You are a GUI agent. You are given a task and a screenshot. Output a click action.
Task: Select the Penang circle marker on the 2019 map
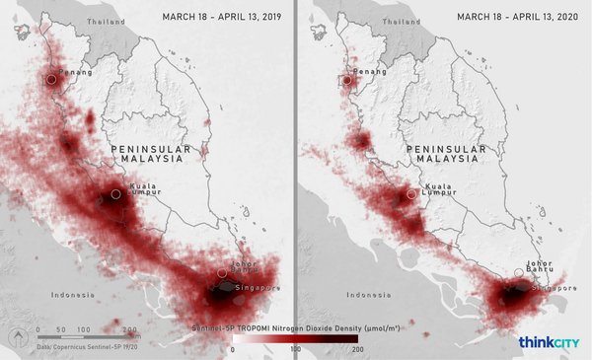coord(51,80)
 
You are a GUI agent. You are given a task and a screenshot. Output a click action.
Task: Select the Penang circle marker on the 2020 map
coord(347,80)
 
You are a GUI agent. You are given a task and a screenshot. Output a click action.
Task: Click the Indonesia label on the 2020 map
coord(366,295)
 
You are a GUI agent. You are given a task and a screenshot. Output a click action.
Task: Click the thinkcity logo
coord(549,342)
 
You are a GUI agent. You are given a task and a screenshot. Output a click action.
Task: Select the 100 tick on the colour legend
coord(295,349)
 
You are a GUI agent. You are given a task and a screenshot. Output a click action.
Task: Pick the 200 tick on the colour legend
coord(357,349)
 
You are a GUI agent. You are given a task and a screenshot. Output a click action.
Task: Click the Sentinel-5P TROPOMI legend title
coord(295,324)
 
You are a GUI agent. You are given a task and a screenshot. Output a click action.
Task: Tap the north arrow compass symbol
coord(17,338)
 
